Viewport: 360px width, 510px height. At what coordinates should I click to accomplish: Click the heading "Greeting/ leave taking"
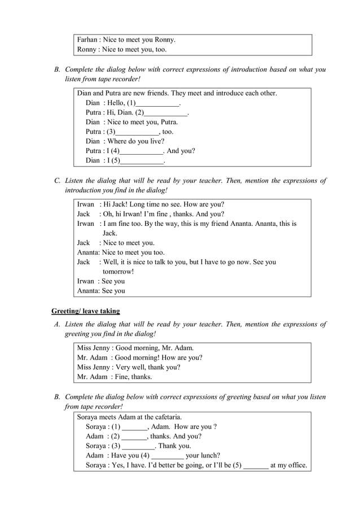(85, 311)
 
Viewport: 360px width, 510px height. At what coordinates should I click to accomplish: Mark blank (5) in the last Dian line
(142, 161)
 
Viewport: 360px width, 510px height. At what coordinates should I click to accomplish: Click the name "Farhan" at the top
(87, 40)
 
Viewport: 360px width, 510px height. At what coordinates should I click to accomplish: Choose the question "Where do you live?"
(136, 142)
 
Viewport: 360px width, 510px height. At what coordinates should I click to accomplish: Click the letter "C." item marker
(57, 181)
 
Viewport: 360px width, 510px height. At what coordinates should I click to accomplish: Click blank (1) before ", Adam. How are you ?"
(134, 427)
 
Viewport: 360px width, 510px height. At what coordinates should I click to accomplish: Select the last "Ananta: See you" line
(101, 291)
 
